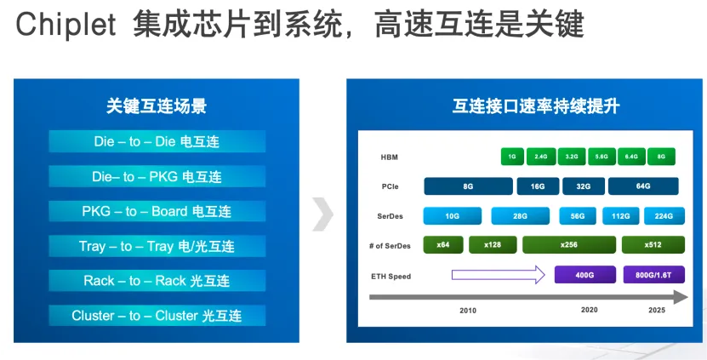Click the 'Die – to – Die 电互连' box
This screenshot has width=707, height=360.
pos(157,141)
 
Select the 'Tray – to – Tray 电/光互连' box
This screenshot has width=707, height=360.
pos(157,246)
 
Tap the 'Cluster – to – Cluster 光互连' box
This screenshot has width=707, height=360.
pos(157,316)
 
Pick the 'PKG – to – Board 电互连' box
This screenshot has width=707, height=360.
pos(157,211)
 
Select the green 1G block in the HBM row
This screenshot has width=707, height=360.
pos(512,157)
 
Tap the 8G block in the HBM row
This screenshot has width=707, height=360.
pos(661,157)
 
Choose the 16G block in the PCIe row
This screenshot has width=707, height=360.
pos(538,186)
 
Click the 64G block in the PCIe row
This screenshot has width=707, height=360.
pos(642,186)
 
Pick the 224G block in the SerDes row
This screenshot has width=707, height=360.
pos(664,216)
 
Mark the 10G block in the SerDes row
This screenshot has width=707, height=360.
pos(453,216)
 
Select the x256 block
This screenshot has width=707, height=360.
pos(569,245)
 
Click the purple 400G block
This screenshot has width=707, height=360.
pos(585,275)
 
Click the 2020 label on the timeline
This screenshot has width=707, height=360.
pos(590,311)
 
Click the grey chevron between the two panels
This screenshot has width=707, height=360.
pos(322,214)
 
